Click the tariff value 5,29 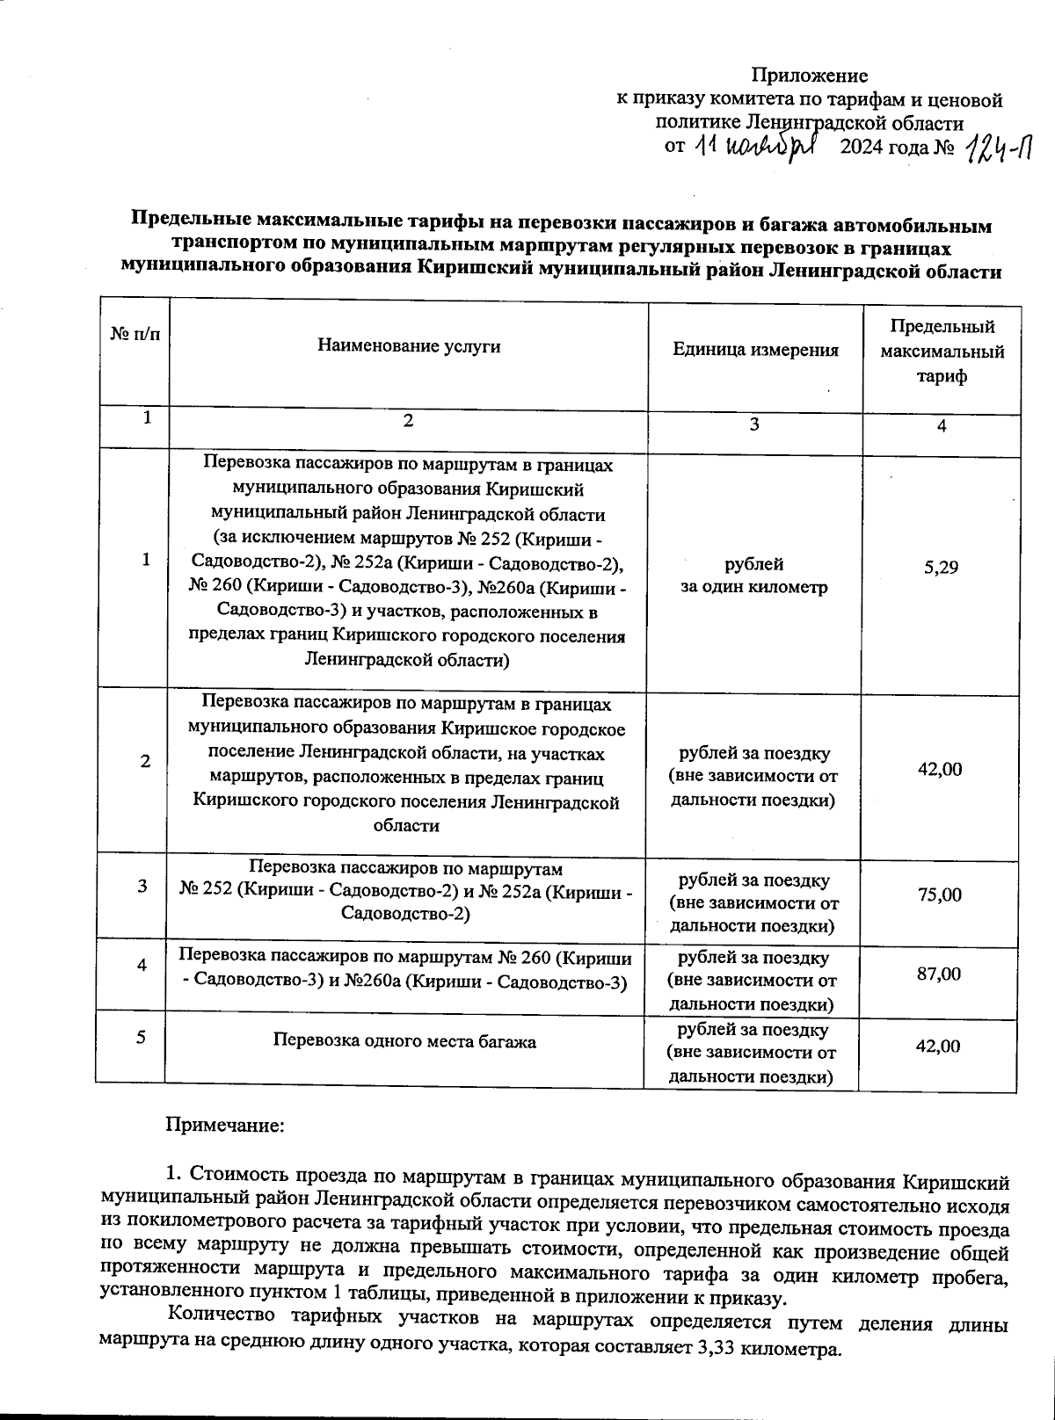tap(941, 568)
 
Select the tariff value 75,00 tap(940, 895)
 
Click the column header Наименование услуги tap(409, 346)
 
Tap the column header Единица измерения tap(755, 350)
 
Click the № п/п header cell tap(135, 335)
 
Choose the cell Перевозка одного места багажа tap(404, 1042)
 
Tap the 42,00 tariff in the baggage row tap(938, 1047)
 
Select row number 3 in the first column tap(142, 887)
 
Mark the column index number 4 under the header tap(941, 426)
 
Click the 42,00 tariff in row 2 tap(940, 770)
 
